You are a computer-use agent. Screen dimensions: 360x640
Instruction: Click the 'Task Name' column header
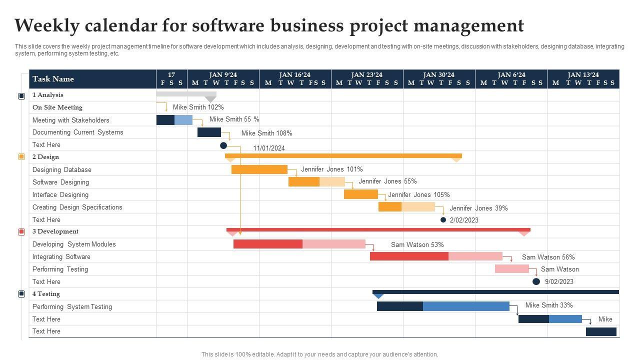(x=53, y=79)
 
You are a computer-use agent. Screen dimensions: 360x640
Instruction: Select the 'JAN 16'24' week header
(x=295, y=75)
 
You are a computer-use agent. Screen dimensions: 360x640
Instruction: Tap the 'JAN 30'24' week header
(x=439, y=75)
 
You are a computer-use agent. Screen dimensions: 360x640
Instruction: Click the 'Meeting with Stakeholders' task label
(x=70, y=120)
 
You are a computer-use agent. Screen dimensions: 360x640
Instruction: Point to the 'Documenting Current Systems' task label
(x=77, y=132)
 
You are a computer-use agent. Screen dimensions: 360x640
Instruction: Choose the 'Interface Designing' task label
(x=60, y=195)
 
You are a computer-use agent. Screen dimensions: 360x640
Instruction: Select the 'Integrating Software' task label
(x=61, y=257)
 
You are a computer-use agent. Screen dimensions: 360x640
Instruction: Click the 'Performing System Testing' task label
(x=72, y=307)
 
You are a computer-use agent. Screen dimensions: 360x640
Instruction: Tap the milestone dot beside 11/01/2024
(x=223, y=145)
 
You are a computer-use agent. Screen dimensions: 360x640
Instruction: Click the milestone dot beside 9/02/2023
(x=536, y=281)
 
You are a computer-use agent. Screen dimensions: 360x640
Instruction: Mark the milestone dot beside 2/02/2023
(x=443, y=219)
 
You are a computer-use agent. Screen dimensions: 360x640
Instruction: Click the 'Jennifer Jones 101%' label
(x=332, y=169)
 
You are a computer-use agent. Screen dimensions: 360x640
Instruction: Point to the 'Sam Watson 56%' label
(x=548, y=257)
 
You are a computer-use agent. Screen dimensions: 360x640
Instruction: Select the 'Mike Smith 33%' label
(x=549, y=305)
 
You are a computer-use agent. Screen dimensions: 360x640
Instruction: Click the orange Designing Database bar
(x=259, y=169)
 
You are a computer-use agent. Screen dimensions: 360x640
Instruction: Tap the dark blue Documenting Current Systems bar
(x=209, y=132)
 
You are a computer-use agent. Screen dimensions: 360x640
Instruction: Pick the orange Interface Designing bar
(x=360, y=194)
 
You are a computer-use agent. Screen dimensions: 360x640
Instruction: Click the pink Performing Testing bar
(x=511, y=269)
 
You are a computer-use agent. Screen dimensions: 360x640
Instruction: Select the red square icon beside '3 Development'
(x=21, y=232)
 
